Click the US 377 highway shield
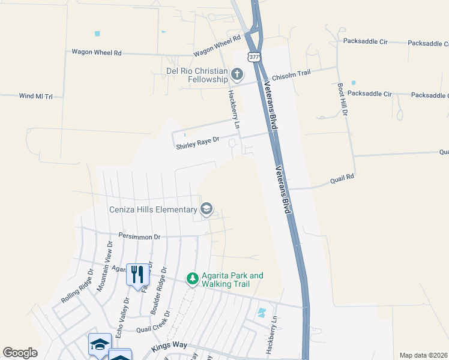click(253, 56)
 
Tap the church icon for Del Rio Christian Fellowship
click(237, 74)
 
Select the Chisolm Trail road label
click(291, 75)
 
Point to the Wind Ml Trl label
click(36, 96)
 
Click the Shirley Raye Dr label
click(197, 143)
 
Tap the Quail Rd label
click(342, 178)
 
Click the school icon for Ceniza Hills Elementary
click(206, 209)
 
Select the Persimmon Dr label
click(139, 236)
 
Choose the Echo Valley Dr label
click(122, 316)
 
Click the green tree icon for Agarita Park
click(192, 278)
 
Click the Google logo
click(20, 353)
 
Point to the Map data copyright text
click(424, 355)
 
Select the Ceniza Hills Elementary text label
click(153, 209)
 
